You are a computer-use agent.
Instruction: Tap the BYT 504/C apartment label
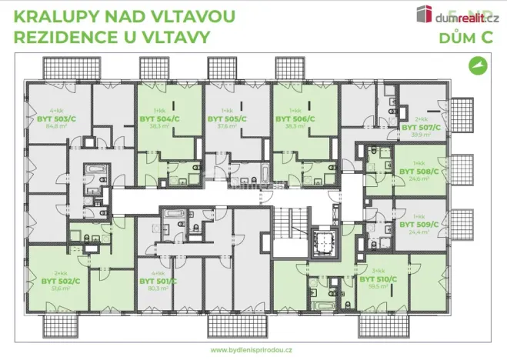click(158, 119)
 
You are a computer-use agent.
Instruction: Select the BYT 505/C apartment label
click(226, 119)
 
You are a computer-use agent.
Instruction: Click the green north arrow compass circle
click(479, 67)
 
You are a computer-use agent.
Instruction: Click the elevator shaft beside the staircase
click(323, 241)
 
